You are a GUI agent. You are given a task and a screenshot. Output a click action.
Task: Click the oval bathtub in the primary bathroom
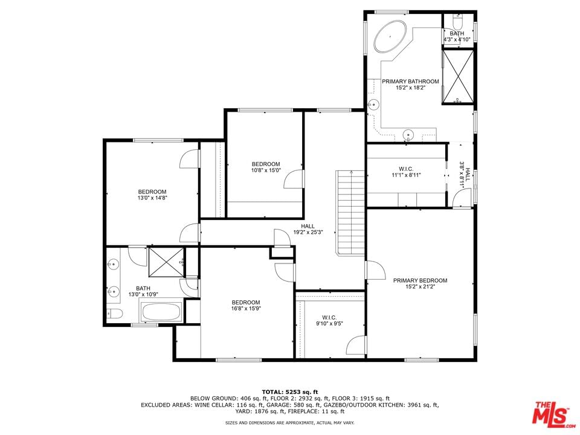390,36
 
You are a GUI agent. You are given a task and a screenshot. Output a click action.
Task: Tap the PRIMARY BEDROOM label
420,280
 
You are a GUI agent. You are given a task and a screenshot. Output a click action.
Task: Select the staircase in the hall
350,213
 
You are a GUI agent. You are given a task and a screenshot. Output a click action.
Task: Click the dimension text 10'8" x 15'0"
266,170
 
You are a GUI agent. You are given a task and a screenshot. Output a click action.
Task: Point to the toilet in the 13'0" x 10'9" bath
114,314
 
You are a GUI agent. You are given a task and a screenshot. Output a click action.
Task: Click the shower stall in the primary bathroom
458,76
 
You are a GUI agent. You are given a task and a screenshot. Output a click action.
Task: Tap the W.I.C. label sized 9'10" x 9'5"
329,317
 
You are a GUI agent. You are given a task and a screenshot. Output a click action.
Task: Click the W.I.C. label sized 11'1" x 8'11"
406,169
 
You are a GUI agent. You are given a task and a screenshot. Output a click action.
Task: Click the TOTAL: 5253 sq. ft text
289,391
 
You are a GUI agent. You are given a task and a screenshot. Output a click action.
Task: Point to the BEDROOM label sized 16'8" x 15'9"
246,302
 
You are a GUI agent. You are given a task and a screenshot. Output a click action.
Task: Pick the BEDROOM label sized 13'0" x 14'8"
152,192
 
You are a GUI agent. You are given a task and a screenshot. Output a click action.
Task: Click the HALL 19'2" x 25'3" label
308,230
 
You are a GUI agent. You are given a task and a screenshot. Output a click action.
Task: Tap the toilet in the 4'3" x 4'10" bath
457,23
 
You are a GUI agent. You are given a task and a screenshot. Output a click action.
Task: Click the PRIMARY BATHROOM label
410,82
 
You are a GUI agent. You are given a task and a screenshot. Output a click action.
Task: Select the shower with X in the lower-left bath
166,262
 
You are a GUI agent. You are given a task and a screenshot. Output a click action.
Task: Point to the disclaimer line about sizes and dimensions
289,422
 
